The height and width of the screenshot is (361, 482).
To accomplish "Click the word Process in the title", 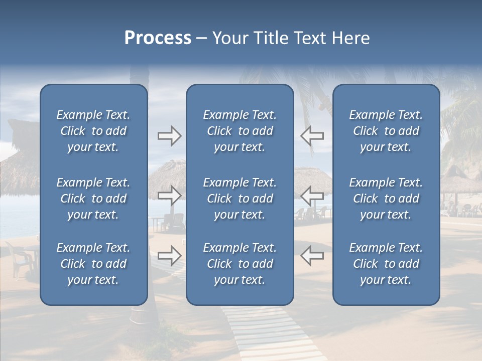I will [x=158, y=38].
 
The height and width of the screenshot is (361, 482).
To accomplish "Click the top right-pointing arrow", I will [x=169, y=136].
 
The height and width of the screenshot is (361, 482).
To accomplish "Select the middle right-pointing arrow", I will [x=169, y=196].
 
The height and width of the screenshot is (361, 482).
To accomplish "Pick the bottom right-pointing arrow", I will [x=169, y=255].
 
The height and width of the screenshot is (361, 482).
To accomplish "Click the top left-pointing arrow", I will [x=312, y=136].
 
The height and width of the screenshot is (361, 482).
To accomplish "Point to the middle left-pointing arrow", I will [x=312, y=196].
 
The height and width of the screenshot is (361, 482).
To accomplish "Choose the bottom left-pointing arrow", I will [x=312, y=255].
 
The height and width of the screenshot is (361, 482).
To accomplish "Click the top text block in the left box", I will [x=93, y=131].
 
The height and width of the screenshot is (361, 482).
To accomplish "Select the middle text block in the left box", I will [x=93, y=199].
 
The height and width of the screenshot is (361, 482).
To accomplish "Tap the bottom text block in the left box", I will [x=93, y=264].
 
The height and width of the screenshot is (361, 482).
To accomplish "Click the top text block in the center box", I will [x=239, y=131].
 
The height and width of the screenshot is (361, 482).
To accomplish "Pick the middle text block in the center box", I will [x=239, y=199].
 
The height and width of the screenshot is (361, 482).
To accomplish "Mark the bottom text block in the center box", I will [x=239, y=264].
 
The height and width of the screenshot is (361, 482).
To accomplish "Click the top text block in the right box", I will [x=386, y=131].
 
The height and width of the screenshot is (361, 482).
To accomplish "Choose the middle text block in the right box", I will [x=386, y=199].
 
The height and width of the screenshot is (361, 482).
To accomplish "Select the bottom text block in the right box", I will [x=386, y=264].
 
